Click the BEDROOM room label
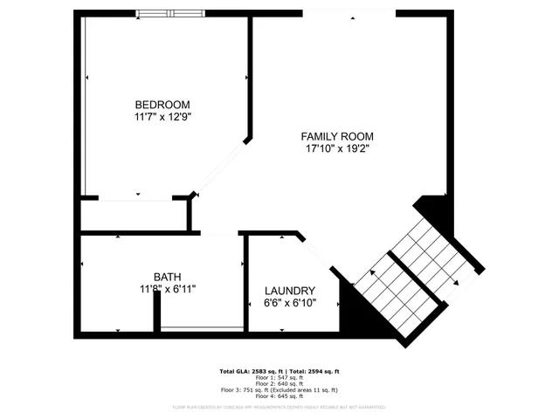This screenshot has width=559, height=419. point(162,105)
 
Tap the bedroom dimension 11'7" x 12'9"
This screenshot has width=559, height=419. point(162,116)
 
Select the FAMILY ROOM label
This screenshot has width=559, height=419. point(337,137)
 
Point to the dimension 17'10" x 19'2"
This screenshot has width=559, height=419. point(337,149)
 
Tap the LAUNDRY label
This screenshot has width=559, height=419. point(290,291)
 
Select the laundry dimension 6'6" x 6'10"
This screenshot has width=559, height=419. point(290,304)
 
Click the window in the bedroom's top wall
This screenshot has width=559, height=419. point(170,13)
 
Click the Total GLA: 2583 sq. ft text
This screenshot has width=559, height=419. point(248,371)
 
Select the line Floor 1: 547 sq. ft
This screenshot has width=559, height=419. point(279,377)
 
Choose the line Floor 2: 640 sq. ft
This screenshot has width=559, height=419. point(279,383)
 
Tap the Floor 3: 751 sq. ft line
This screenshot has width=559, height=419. point(279,389)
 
